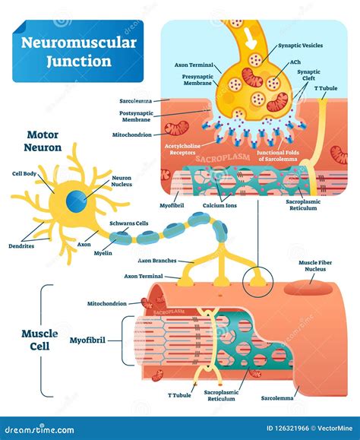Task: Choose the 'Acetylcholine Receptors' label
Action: (x=185, y=148)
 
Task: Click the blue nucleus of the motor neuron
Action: (x=75, y=202)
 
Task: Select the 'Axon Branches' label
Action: (x=156, y=261)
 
